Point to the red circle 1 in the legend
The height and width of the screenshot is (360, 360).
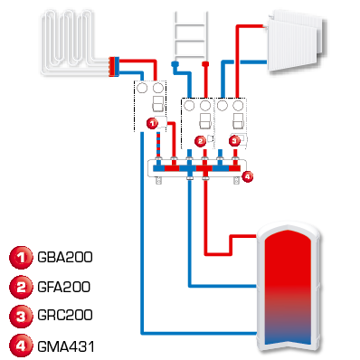18,258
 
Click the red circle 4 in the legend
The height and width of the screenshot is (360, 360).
18,345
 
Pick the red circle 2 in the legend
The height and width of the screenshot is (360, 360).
18,287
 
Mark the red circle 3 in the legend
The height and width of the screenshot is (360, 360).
18,316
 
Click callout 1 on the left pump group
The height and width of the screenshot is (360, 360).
152,122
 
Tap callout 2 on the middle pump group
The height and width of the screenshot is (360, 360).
200,141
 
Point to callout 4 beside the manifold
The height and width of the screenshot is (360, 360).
249,175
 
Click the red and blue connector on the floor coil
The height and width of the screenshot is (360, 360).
114,65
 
